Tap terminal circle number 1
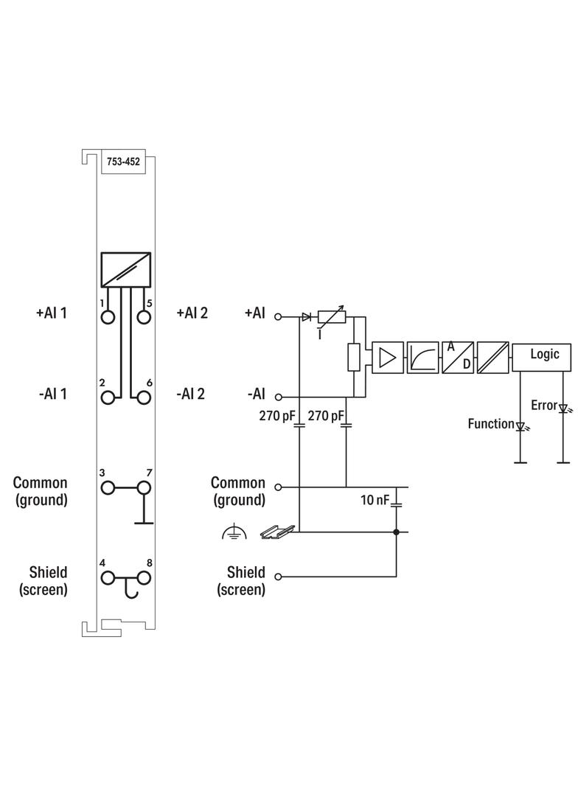pyautogui.click(x=108, y=317)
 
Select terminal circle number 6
pyautogui.click(x=144, y=397)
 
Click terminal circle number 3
pyautogui.click(x=108, y=487)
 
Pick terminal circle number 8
pyautogui.click(x=144, y=577)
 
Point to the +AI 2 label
pyautogui.click(x=192, y=313)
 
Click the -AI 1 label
pyautogui.click(x=52, y=394)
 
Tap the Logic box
pyautogui.click(x=545, y=355)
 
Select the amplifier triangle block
pyautogui.click(x=388, y=358)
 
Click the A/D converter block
pyautogui.click(x=457, y=358)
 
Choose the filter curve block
pyautogui.click(x=422, y=358)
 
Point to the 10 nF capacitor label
pyautogui.click(x=375, y=500)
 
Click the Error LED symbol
pyautogui.click(x=563, y=408)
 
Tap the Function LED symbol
pyautogui.click(x=520, y=426)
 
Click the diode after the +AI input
pyautogui.click(x=306, y=317)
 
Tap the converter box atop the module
pyautogui.click(x=126, y=270)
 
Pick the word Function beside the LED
pyautogui.click(x=490, y=424)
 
